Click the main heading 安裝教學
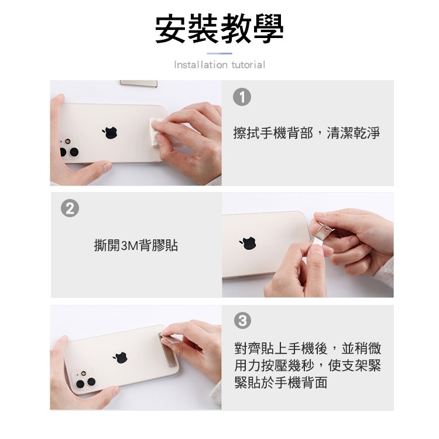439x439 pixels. (x=219, y=28)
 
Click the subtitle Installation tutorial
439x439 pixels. (x=220, y=65)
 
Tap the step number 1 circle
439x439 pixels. (x=242, y=98)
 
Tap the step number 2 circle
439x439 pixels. (x=70, y=208)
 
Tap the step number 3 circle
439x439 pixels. (x=242, y=320)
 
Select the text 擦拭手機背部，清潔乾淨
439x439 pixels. (x=306, y=133)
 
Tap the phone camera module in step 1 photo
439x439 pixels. (x=68, y=149)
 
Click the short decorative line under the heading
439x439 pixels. (x=220, y=53)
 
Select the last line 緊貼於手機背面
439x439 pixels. (x=280, y=383)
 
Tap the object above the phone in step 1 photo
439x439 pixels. (x=138, y=84)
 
